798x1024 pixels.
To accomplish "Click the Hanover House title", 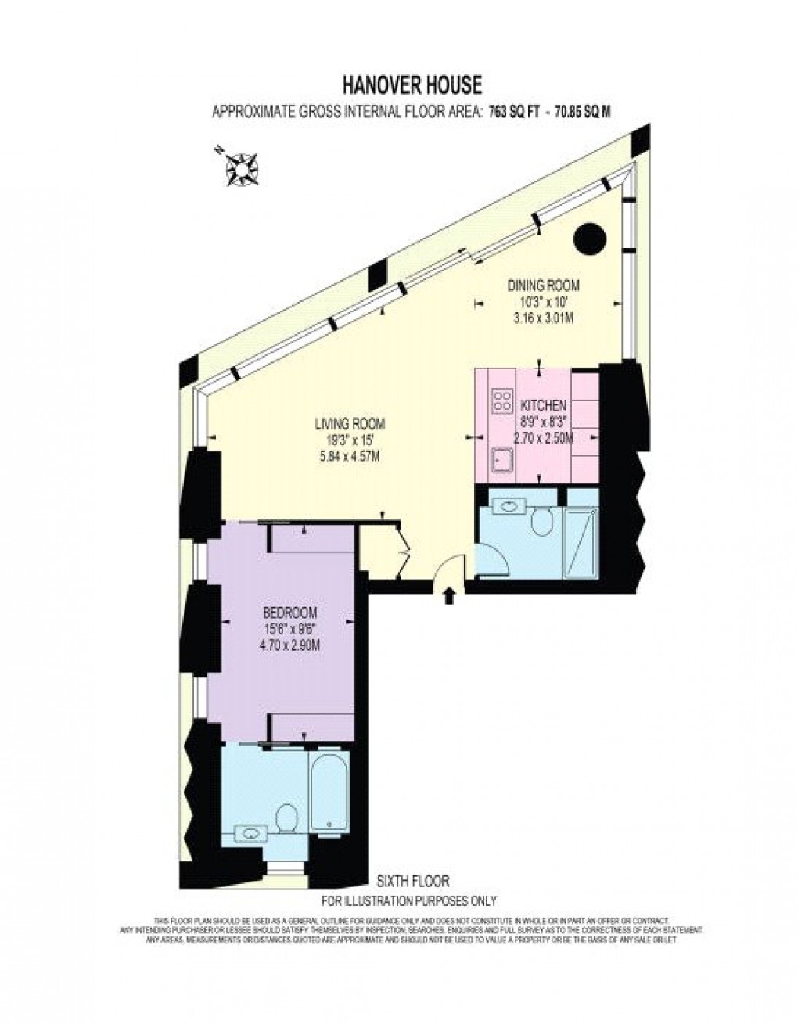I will click(x=412, y=84).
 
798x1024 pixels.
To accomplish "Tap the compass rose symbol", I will click(x=243, y=166).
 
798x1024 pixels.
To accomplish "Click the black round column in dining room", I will click(x=589, y=238).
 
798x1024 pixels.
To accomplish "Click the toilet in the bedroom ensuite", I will click(x=287, y=817).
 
